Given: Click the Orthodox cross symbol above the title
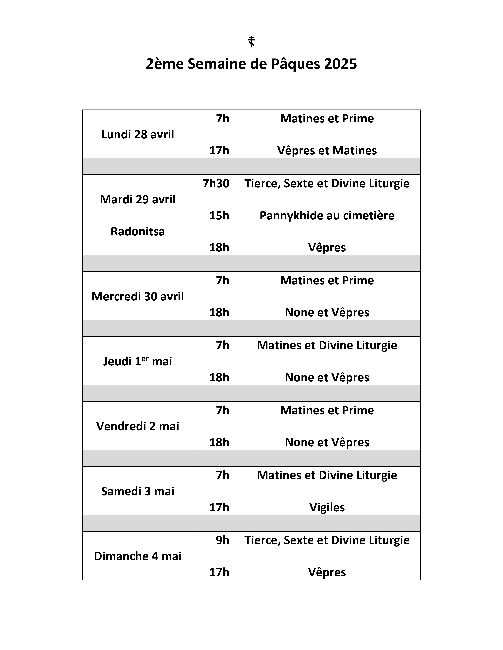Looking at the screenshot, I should click(x=251, y=41).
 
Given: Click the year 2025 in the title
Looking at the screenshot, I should click(x=340, y=64).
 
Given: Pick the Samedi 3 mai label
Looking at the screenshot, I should click(x=138, y=491).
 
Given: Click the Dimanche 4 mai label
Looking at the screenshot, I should click(x=138, y=556).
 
